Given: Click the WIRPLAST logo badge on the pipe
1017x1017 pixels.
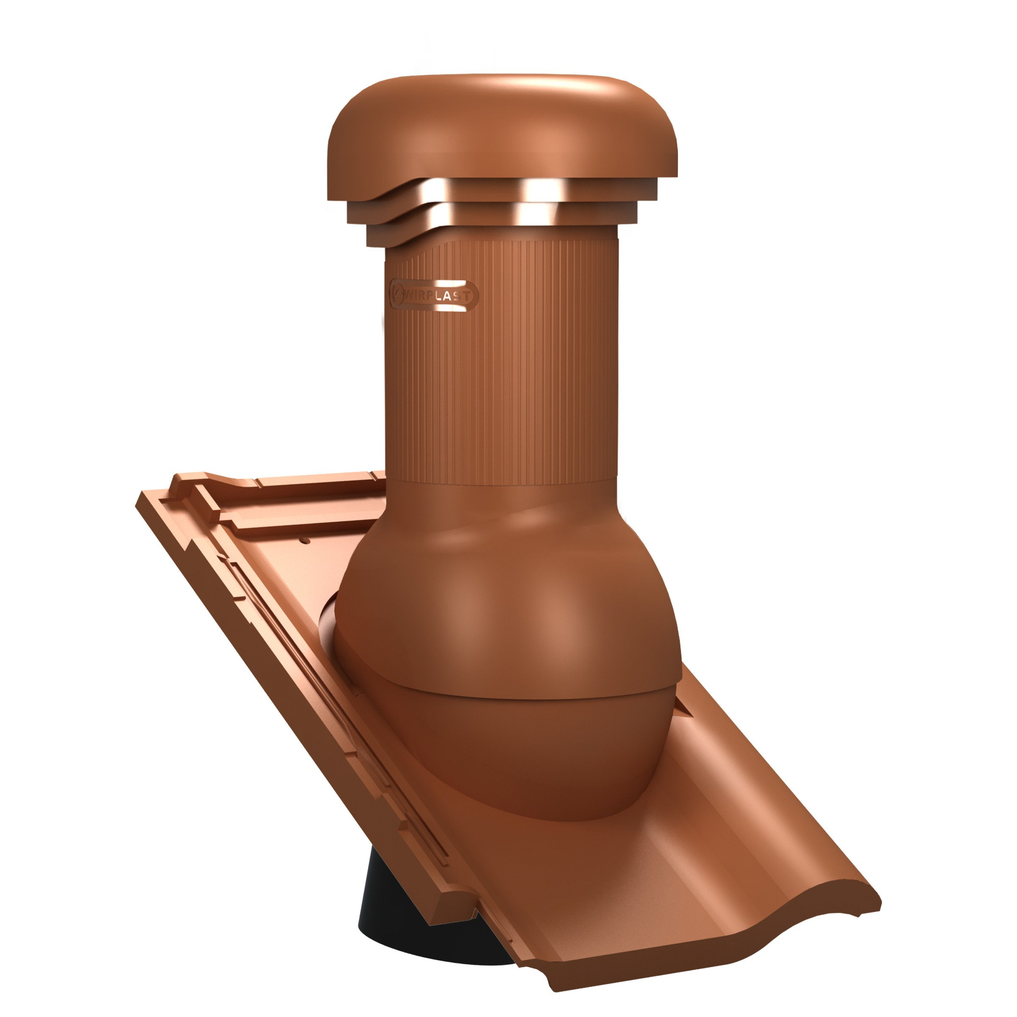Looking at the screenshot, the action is [x=434, y=296].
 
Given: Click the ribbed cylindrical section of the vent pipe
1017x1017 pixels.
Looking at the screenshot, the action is [x=503, y=363].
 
